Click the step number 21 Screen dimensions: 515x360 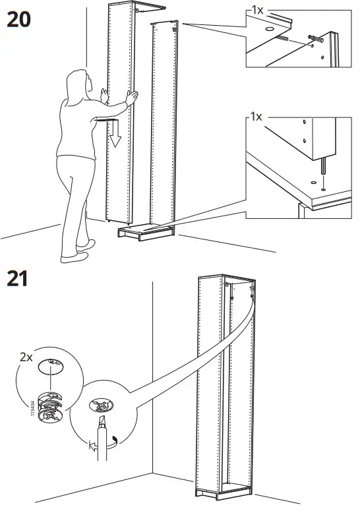18,279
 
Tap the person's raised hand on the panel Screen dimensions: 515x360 133,98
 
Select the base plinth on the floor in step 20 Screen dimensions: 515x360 144,231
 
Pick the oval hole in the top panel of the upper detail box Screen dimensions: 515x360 271,30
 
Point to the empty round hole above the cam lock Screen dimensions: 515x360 51,365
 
